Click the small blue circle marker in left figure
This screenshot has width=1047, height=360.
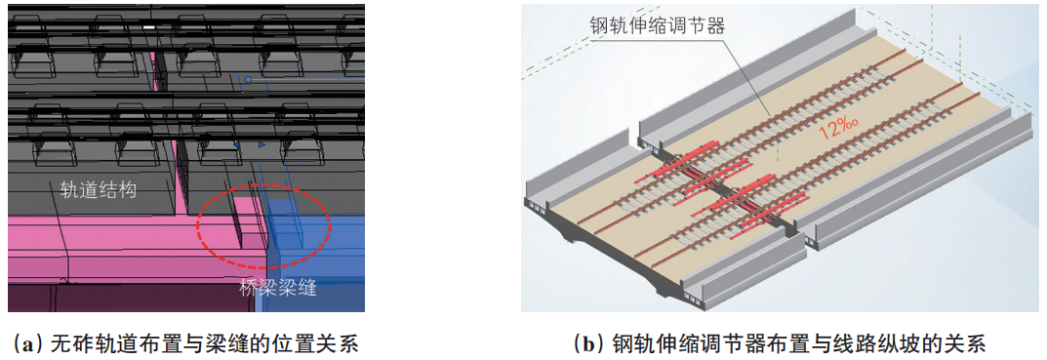tap(249, 79)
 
